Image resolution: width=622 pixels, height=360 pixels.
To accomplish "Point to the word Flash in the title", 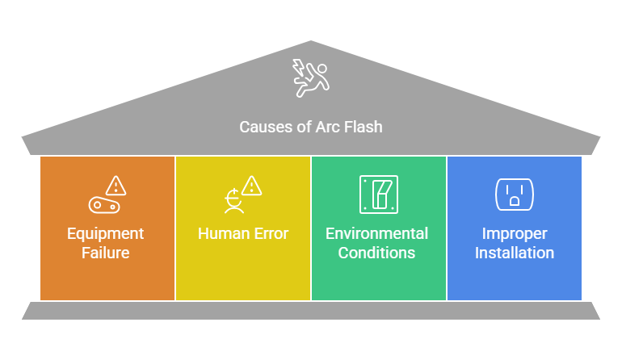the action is pyautogui.click(x=363, y=128).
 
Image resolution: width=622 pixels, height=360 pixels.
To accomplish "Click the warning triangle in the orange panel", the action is pyautogui.click(x=116, y=186).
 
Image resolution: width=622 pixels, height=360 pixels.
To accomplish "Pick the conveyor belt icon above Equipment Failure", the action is pyautogui.click(x=104, y=205).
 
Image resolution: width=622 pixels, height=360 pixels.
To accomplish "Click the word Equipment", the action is pyautogui.click(x=105, y=233).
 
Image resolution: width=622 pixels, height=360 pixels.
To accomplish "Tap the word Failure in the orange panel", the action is pyautogui.click(x=106, y=253).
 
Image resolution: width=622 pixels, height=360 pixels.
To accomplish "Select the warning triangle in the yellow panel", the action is pyautogui.click(x=251, y=186).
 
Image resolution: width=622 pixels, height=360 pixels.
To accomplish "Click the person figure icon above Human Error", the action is pyautogui.click(x=233, y=201).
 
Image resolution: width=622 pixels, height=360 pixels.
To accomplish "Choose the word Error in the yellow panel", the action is pyautogui.click(x=271, y=233).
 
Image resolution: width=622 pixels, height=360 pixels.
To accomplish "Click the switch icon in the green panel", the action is pyautogui.click(x=379, y=195).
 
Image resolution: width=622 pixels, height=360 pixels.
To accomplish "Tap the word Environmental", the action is pyautogui.click(x=377, y=233).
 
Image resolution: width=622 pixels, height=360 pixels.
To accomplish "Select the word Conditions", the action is pyautogui.click(x=376, y=253).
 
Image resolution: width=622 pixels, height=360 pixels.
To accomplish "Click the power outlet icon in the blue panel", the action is pyautogui.click(x=515, y=195).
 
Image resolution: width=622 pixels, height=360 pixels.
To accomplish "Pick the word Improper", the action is pyautogui.click(x=515, y=233).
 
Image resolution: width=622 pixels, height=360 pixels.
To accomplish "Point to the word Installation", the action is pyautogui.click(x=515, y=253).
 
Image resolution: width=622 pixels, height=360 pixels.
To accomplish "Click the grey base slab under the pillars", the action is pyautogui.click(x=311, y=311).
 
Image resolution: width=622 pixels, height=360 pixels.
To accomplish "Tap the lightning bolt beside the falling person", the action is pyautogui.click(x=298, y=67).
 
